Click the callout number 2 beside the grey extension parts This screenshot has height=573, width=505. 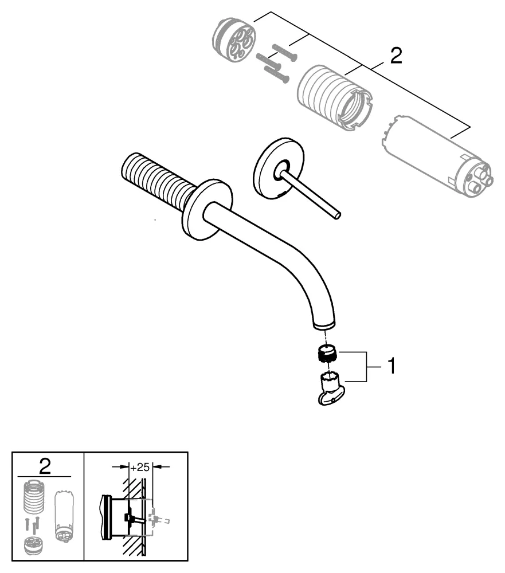(396, 56)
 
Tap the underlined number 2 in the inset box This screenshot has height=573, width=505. (45, 466)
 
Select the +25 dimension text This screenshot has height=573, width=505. (140, 467)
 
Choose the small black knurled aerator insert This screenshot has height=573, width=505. (327, 354)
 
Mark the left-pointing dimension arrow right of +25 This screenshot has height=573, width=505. (163, 467)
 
